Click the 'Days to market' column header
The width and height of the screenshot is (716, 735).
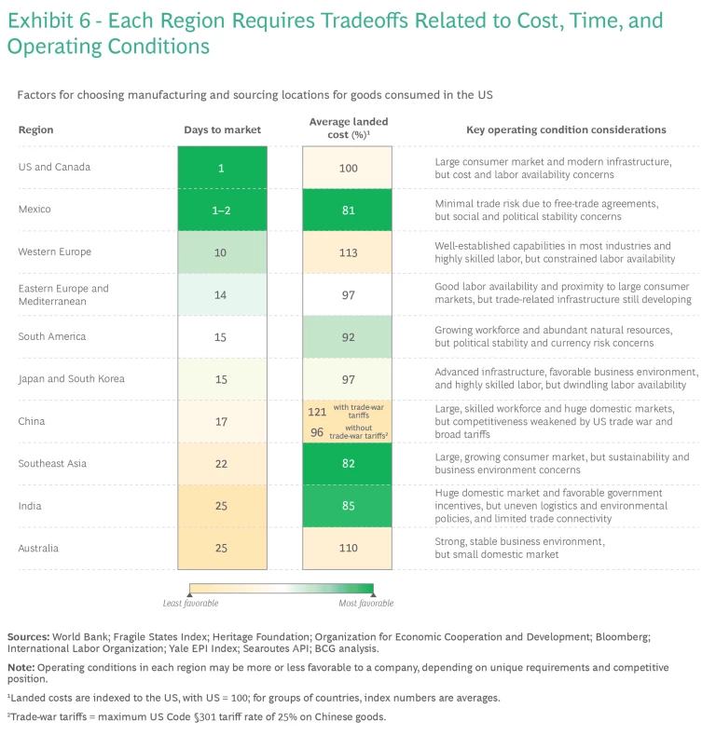coord(222,129)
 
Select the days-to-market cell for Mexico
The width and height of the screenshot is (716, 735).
coord(222,211)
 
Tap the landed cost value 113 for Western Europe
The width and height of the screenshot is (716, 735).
coord(347,252)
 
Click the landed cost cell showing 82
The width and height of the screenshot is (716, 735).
coord(347,463)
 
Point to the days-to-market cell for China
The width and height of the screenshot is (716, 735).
coord(222,421)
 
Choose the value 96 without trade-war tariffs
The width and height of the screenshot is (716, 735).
coord(318,432)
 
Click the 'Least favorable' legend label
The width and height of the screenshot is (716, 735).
coord(190,604)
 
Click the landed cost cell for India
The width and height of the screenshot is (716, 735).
coord(347,506)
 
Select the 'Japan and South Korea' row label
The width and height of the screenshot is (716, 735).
coord(71,379)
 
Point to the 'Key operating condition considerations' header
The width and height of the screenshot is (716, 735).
coord(553,129)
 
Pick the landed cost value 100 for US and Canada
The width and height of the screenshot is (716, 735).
coord(347,169)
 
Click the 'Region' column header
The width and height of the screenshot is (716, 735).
coord(35,129)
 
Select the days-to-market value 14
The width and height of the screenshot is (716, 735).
coord(222,294)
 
